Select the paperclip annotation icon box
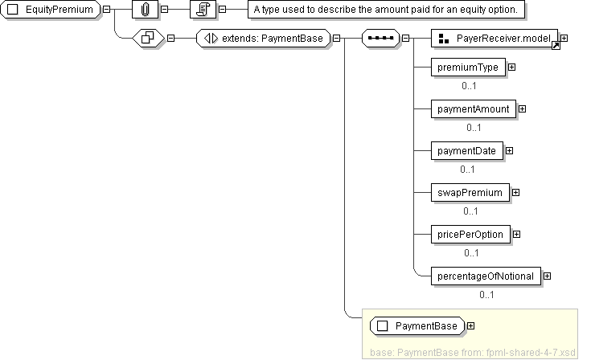pos(145,10)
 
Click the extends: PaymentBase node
pos(263,38)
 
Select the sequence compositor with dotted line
pos(380,38)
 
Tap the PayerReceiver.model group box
pos(495,38)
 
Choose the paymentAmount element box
pos(473,108)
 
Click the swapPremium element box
pos(470,192)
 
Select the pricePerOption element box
pos(470,234)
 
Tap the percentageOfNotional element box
pos(486,276)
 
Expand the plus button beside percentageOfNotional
pos(548,276)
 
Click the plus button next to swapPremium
pos(516,192)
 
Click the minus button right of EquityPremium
pos(107,10)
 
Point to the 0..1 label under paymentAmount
pos(474,127)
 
